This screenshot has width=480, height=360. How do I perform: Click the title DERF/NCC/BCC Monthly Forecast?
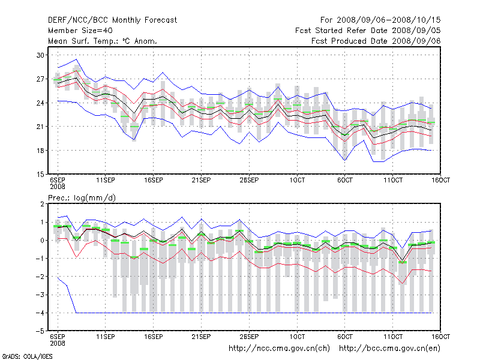coord(112,20)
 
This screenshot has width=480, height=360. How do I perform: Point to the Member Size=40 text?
coord(80,31)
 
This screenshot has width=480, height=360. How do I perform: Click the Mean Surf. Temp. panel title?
coord(103,41)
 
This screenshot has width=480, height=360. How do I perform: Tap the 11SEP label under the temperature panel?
coord(106,180)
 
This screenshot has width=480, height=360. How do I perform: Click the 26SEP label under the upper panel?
coord(249,180)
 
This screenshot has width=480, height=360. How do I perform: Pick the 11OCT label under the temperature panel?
coord(392,180)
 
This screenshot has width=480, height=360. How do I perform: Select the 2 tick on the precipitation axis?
coord(43,204)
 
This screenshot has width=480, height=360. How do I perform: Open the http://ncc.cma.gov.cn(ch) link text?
coord(280,348)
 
